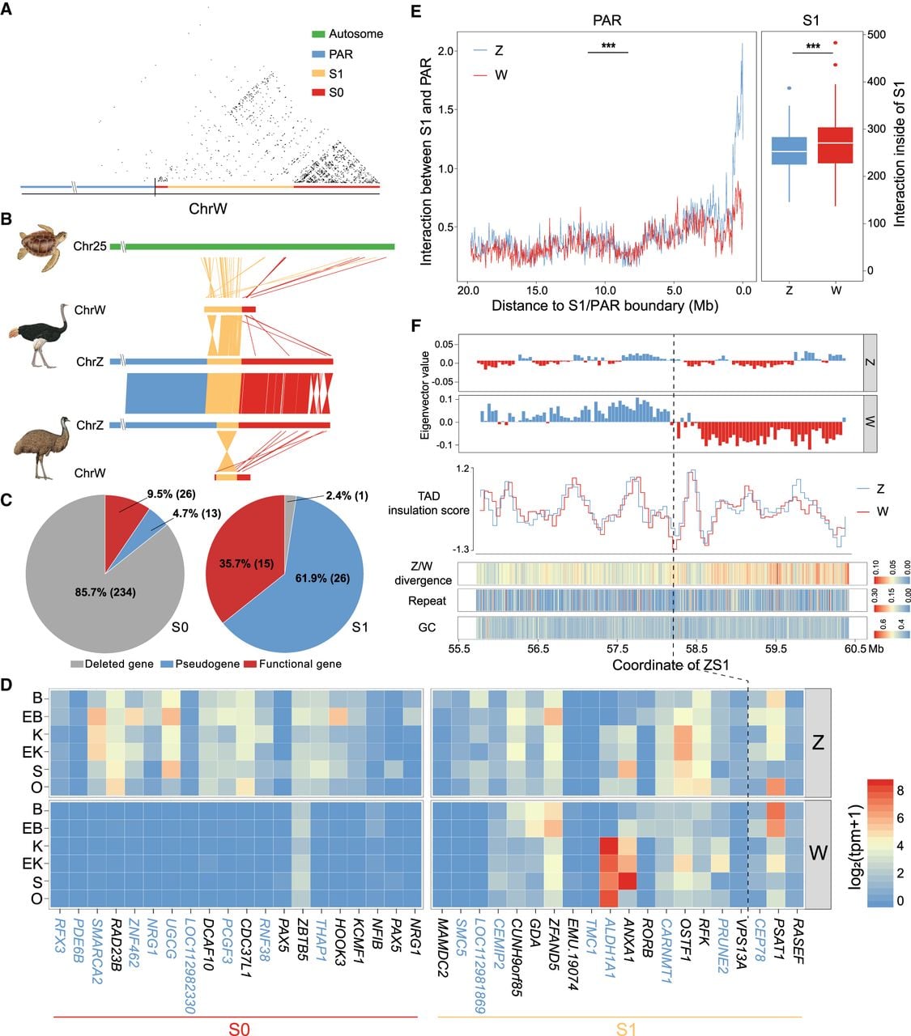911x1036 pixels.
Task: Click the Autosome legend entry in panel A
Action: click(x=347, y=34)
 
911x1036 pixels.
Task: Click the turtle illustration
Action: click(x=43, y=248)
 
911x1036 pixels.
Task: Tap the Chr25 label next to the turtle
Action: click(x=90, y=246)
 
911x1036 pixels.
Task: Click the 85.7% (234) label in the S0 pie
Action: click(x=105, y=592)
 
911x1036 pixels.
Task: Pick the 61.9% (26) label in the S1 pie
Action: click(x=323, y=578)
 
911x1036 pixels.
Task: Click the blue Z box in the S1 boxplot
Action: click(x=789, y=151)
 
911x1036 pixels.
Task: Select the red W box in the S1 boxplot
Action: click(x=836, y=145)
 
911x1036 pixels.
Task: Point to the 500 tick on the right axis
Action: click(x=877, y=34)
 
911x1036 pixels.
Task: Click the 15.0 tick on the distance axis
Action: click(x=537, y=291)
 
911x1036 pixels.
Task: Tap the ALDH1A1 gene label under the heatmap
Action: click(x=609, y=948)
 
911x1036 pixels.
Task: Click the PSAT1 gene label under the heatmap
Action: click(x=778, y=938)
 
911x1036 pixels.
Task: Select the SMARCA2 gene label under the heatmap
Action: click(x=96, y=950)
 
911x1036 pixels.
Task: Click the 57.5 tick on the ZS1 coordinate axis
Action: click(x=617, y=649)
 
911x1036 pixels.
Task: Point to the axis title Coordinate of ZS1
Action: click(x=670, y=664)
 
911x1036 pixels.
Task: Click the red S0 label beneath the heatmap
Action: click(x=239, y=1027)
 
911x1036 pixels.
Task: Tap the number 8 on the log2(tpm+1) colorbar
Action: click(x=900, y=791)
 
